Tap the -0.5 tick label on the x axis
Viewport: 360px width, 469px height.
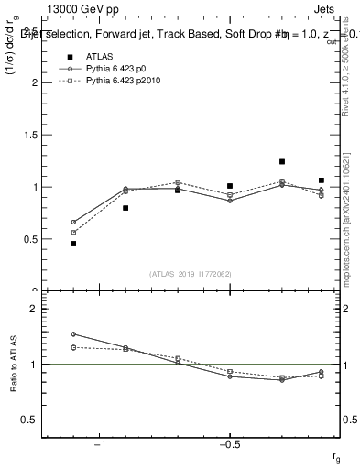pyautogui.click(x=229, y=444)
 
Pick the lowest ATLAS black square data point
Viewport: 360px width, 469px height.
pyautogui.click(x=73, y=244)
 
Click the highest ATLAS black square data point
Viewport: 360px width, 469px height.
pyautogui.click(x=282, y=161)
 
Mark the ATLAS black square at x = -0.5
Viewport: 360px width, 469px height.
pyautogui.click(x=230, y=186)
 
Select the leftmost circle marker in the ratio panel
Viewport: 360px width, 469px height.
pyautogui.click(x=73, y=334)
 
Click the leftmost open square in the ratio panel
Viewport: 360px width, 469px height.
pyautogui.click(x=73, y=347)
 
